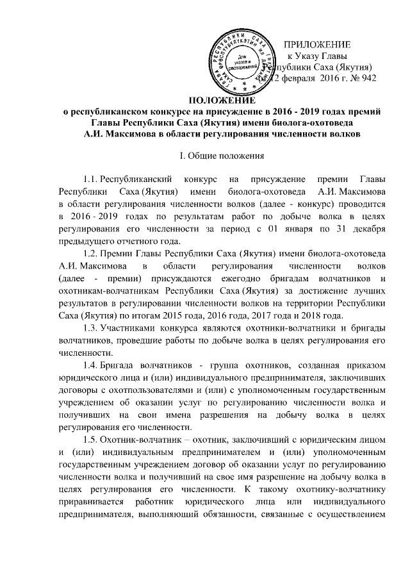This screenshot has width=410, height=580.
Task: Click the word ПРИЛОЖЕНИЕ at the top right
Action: click(317, 45)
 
